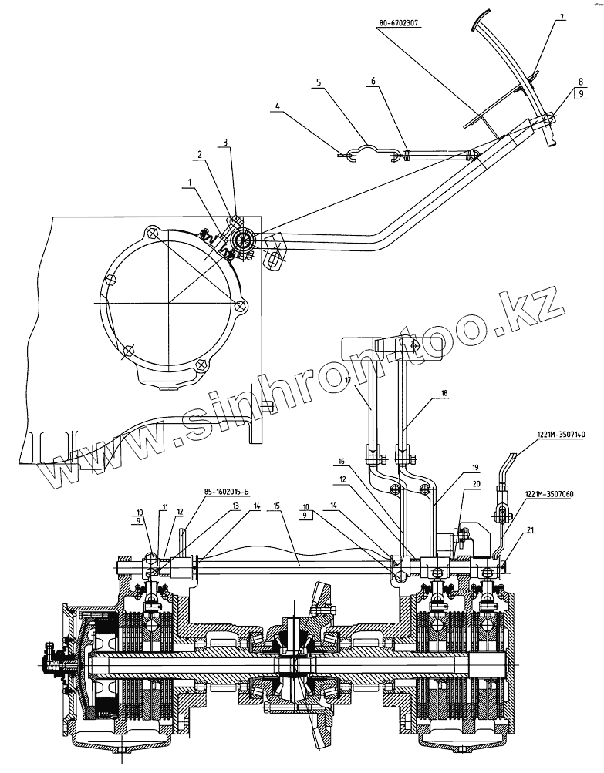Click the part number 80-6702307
399,24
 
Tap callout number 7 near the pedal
562,16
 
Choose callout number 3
226,142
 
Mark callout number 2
201,153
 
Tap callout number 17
348,380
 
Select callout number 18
444,393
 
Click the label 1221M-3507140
561,435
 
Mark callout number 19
475,467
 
